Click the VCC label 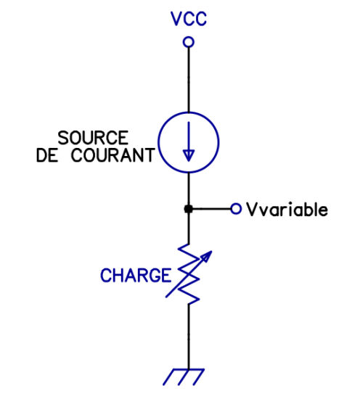189,19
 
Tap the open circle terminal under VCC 189,42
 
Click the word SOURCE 93,138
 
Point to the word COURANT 112,155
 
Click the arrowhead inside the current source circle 189,155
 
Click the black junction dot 189,209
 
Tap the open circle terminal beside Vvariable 236,209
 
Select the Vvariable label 287,210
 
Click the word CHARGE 136,276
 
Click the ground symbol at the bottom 184,377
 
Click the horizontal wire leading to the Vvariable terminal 211,209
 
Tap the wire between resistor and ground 189,336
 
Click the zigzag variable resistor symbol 189,274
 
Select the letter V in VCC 176,19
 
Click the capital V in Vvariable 252,210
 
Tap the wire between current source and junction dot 189,189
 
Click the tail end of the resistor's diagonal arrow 166,297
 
